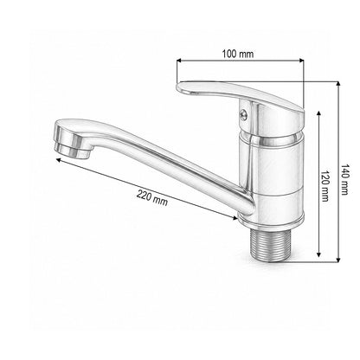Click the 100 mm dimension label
pos(238,54)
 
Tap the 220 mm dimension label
pos(152,197)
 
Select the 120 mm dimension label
pos(325,186)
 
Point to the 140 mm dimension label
pos(344,179)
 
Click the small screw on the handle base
pos(244,114)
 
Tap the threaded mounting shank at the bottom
pos(269,242)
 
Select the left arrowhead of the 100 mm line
pos(178,61)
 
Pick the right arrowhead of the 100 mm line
pos(302,61)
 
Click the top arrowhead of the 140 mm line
pos(338,84)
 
